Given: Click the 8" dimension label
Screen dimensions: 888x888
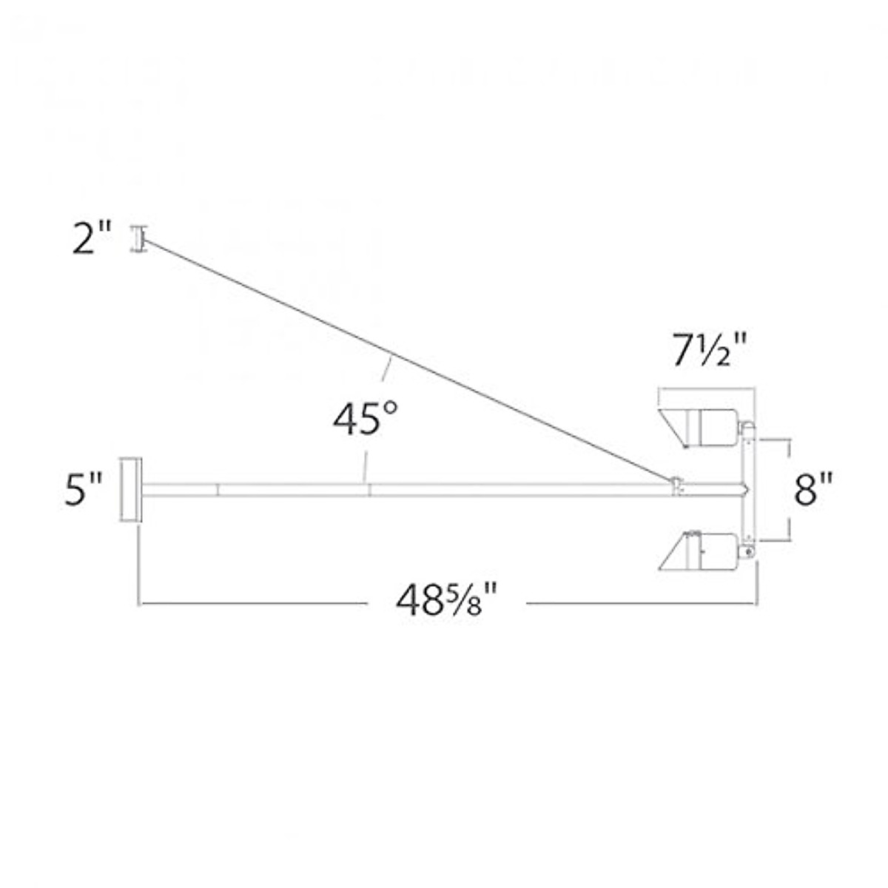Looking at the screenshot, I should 814,490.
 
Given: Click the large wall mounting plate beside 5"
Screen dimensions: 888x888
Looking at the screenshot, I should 132,490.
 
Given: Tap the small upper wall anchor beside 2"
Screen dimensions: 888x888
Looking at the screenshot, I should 137,238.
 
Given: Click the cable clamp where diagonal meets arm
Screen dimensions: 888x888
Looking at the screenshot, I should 676,484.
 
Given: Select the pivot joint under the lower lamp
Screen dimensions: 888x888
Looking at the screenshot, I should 749,551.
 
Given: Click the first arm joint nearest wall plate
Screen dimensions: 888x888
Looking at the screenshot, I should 218,489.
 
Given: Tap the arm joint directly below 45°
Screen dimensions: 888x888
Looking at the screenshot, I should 369,489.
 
